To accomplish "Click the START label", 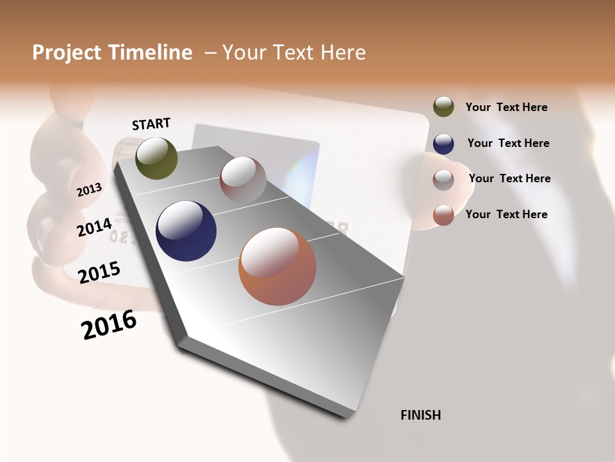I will point(151,124).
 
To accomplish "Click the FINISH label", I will point(420,415).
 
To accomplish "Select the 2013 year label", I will point(89,189).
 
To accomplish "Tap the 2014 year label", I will point(94,227).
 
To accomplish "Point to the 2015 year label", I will point(99,273).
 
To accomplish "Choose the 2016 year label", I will point(109,325).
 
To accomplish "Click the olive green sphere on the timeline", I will point(156,158).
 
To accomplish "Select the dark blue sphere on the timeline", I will point(186,231).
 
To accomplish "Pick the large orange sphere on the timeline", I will point(277,266).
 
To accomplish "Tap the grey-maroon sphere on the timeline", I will point(243,180).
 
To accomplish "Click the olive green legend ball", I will point(443,107).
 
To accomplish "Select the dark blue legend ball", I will point(443,144).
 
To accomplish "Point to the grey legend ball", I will point(443,179).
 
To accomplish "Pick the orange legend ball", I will point(443,214).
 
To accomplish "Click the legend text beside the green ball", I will point(506,107).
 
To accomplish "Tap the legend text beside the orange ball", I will point(506,214).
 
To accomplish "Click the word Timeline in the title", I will point(149,53).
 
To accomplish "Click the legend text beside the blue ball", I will point(508,143).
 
